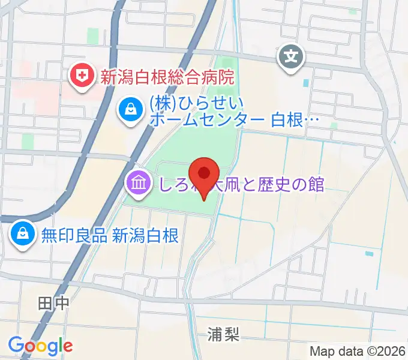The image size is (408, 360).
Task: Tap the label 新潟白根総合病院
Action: click(166, 76)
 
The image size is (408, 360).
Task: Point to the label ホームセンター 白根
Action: click(235, 120)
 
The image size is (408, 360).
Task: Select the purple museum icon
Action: click(139, 182)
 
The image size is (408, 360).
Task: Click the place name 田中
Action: click(53, 304)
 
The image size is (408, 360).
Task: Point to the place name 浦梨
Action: click(224, 334)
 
